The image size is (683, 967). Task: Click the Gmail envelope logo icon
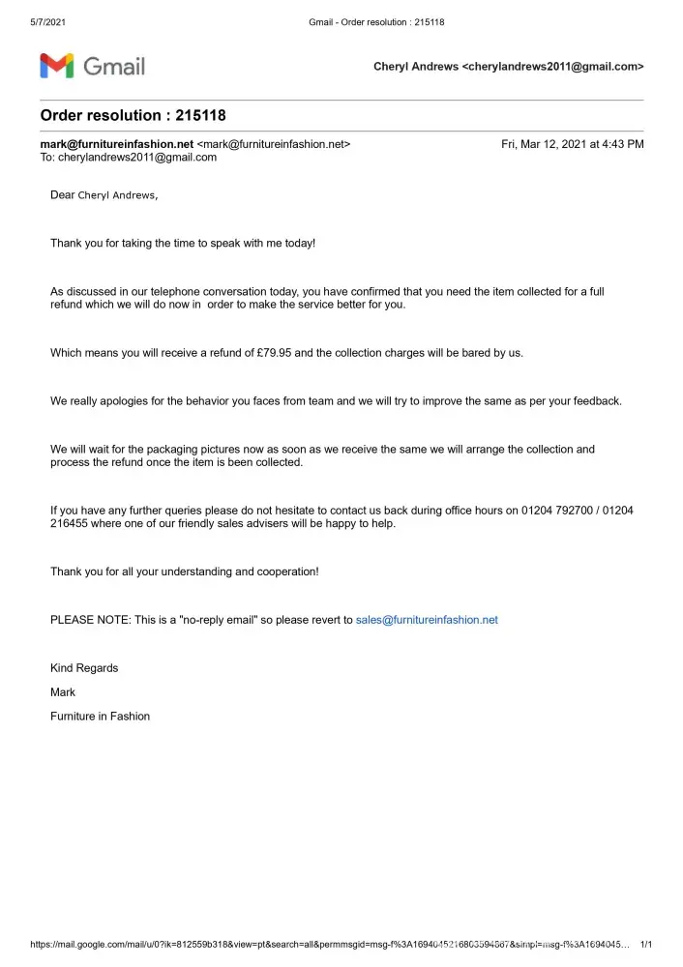coord(56,66)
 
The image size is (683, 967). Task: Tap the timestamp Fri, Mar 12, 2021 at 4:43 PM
coord(572,144)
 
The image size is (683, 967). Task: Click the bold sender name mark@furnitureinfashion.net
coord(117,144)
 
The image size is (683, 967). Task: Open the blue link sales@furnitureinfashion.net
coord(427,620)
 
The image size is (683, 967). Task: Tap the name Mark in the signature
coord(63,692)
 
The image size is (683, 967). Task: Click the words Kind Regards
coord(84,668)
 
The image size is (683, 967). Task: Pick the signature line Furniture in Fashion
coord(100,717)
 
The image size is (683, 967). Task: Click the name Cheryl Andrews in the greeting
coord(115,195)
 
